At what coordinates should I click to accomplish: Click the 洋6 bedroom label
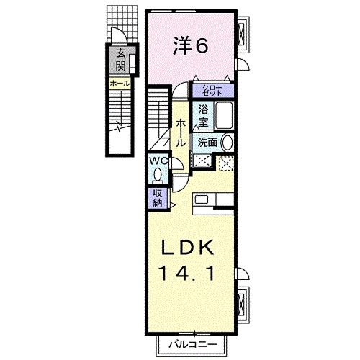pos(190,47)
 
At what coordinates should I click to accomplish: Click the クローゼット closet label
pos(212,91)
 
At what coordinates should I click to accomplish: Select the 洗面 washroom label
pos(208,143)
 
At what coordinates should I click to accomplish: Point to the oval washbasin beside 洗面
pos(228,143)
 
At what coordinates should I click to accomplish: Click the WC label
pos(158,161)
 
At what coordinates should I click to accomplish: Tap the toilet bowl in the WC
pos(159,175)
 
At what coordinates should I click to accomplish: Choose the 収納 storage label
pos(157,196)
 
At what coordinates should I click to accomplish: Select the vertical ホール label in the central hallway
pos(180,134)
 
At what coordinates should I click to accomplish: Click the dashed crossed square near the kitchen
pos(226,163)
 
